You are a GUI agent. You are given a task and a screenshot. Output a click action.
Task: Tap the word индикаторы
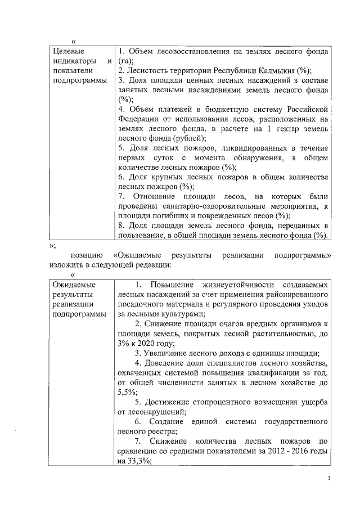pyautogui.click(x=71, y=61)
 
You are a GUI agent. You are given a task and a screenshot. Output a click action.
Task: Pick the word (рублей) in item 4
pyautogui.click(x=189, y=138)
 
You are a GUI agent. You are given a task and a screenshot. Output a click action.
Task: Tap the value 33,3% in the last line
pyautogui.click(x=130, y=460)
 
